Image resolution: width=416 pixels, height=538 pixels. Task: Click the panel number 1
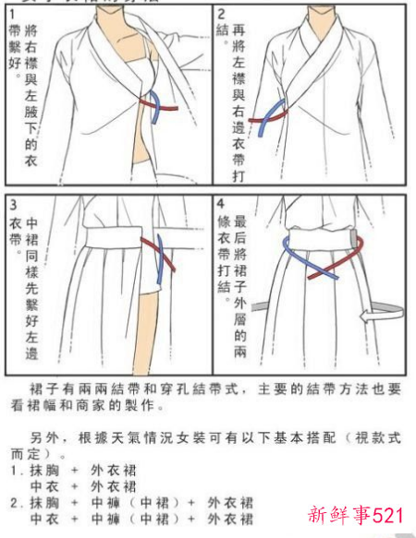click(12, 14)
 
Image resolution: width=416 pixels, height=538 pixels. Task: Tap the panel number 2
click(221, 14)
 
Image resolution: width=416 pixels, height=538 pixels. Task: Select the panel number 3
click(12, 203)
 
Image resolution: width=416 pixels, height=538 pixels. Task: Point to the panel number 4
click(221, 203)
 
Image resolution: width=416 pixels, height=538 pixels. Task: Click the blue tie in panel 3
click(164, 263)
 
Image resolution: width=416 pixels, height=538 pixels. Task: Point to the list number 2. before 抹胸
click(16, 503)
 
